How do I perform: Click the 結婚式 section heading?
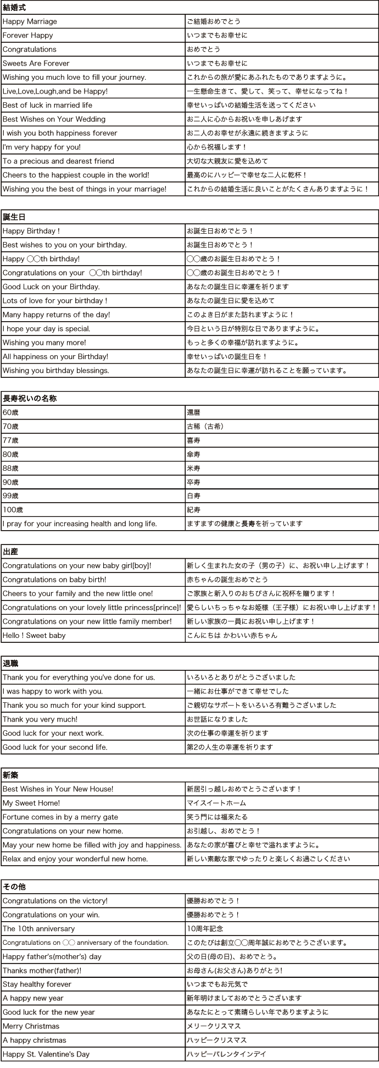point(15,8)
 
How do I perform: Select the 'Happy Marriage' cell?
point(30,21)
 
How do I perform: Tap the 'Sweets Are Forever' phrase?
point(36,63)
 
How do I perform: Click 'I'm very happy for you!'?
point(42,147)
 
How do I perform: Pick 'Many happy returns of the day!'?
point(57,315)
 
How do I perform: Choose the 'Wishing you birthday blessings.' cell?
point(56,371)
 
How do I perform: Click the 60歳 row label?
point(10,412)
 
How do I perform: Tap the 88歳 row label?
point(10,468)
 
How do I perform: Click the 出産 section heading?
point(10,552)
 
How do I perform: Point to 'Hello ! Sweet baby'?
point(34,635)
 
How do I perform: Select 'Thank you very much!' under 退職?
point(40,719)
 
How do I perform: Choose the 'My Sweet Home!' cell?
point(31,803)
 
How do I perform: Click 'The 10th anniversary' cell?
point(38,929)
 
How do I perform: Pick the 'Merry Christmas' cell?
point(31,1026)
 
